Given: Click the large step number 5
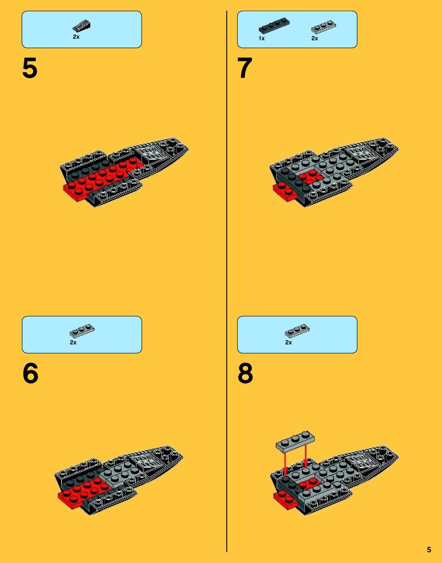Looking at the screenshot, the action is coord(30,68).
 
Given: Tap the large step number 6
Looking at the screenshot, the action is coord(30,373).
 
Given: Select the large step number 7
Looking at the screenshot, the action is coord(245,68).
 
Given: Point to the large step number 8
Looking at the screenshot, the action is coord(245,373).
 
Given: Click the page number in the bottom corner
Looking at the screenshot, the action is coord(429,550).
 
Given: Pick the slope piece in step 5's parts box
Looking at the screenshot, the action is coord(81,26).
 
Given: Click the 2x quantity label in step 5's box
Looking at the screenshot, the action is coord(76,37).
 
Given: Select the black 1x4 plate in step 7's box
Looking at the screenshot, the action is coord(274,26).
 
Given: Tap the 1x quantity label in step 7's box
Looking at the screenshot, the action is coord(262,38).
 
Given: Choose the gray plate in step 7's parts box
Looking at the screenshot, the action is coord(323,27).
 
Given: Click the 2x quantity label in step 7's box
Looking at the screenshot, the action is coord(315,38).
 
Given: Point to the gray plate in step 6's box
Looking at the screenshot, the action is coord(82,331).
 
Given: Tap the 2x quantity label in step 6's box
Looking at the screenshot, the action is coord(73,342).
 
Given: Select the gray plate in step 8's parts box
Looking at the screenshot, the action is coord(297,331).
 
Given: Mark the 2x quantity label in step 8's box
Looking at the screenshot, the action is coord(288,342).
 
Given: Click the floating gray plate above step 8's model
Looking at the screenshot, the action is coord(295,442).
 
